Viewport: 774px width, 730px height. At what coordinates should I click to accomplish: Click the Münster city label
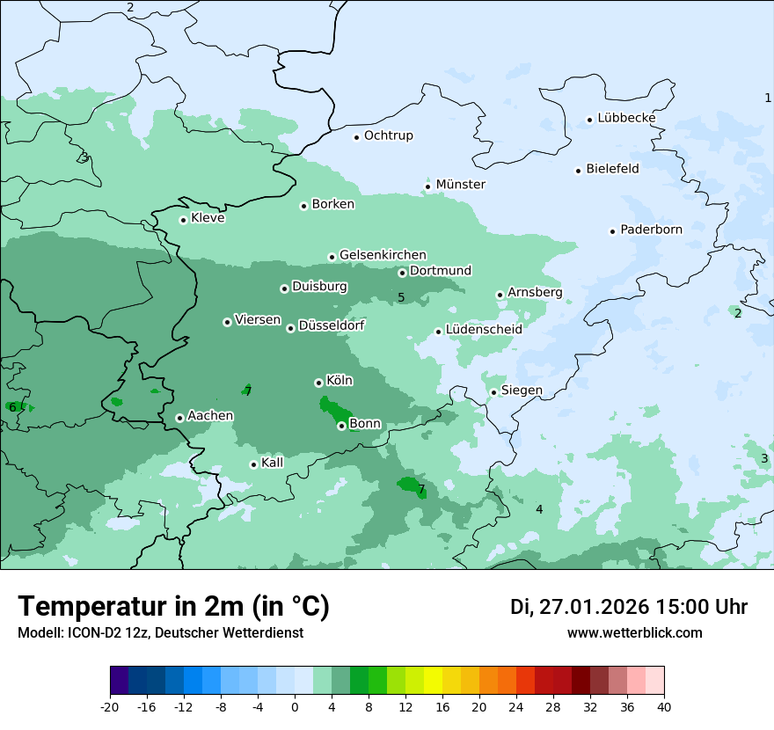click(460, 185)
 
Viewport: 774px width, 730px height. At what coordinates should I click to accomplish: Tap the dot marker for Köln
click(318, 383)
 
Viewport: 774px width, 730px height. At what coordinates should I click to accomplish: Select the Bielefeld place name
click(612, 169)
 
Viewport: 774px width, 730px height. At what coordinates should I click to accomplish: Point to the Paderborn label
click(651, 230)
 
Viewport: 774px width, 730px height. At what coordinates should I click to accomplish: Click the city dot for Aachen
click(179, 418)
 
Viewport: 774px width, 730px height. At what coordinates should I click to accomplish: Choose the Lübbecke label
click(626, 118)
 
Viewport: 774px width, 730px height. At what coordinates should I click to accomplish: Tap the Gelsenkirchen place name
click(383, 255)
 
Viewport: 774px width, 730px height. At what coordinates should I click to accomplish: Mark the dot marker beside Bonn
click(341, 426)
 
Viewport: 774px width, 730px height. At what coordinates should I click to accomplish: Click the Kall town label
click(272, 463)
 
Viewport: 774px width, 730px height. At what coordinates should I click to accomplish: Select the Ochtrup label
click(388, 135)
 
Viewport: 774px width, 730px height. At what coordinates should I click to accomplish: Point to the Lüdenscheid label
click(484, 330)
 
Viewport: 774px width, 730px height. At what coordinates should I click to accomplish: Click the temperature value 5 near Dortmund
click(401, 297)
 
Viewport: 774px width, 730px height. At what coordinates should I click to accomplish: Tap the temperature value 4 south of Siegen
click(539, 510)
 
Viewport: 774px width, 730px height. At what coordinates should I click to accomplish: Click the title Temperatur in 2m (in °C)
click(173, 607)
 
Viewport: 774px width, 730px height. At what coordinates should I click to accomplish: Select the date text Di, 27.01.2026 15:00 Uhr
click(629, 607)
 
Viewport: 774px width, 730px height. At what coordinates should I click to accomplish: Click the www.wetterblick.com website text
click(634, 633)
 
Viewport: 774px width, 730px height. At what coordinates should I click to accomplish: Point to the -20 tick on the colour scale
click(110, 706)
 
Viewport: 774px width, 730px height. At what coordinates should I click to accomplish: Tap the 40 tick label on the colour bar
click(664, 706)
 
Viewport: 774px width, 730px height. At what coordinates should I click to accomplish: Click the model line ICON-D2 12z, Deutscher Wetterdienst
click(160, 633)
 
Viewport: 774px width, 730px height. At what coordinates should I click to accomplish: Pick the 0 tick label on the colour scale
click(295, 706)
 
